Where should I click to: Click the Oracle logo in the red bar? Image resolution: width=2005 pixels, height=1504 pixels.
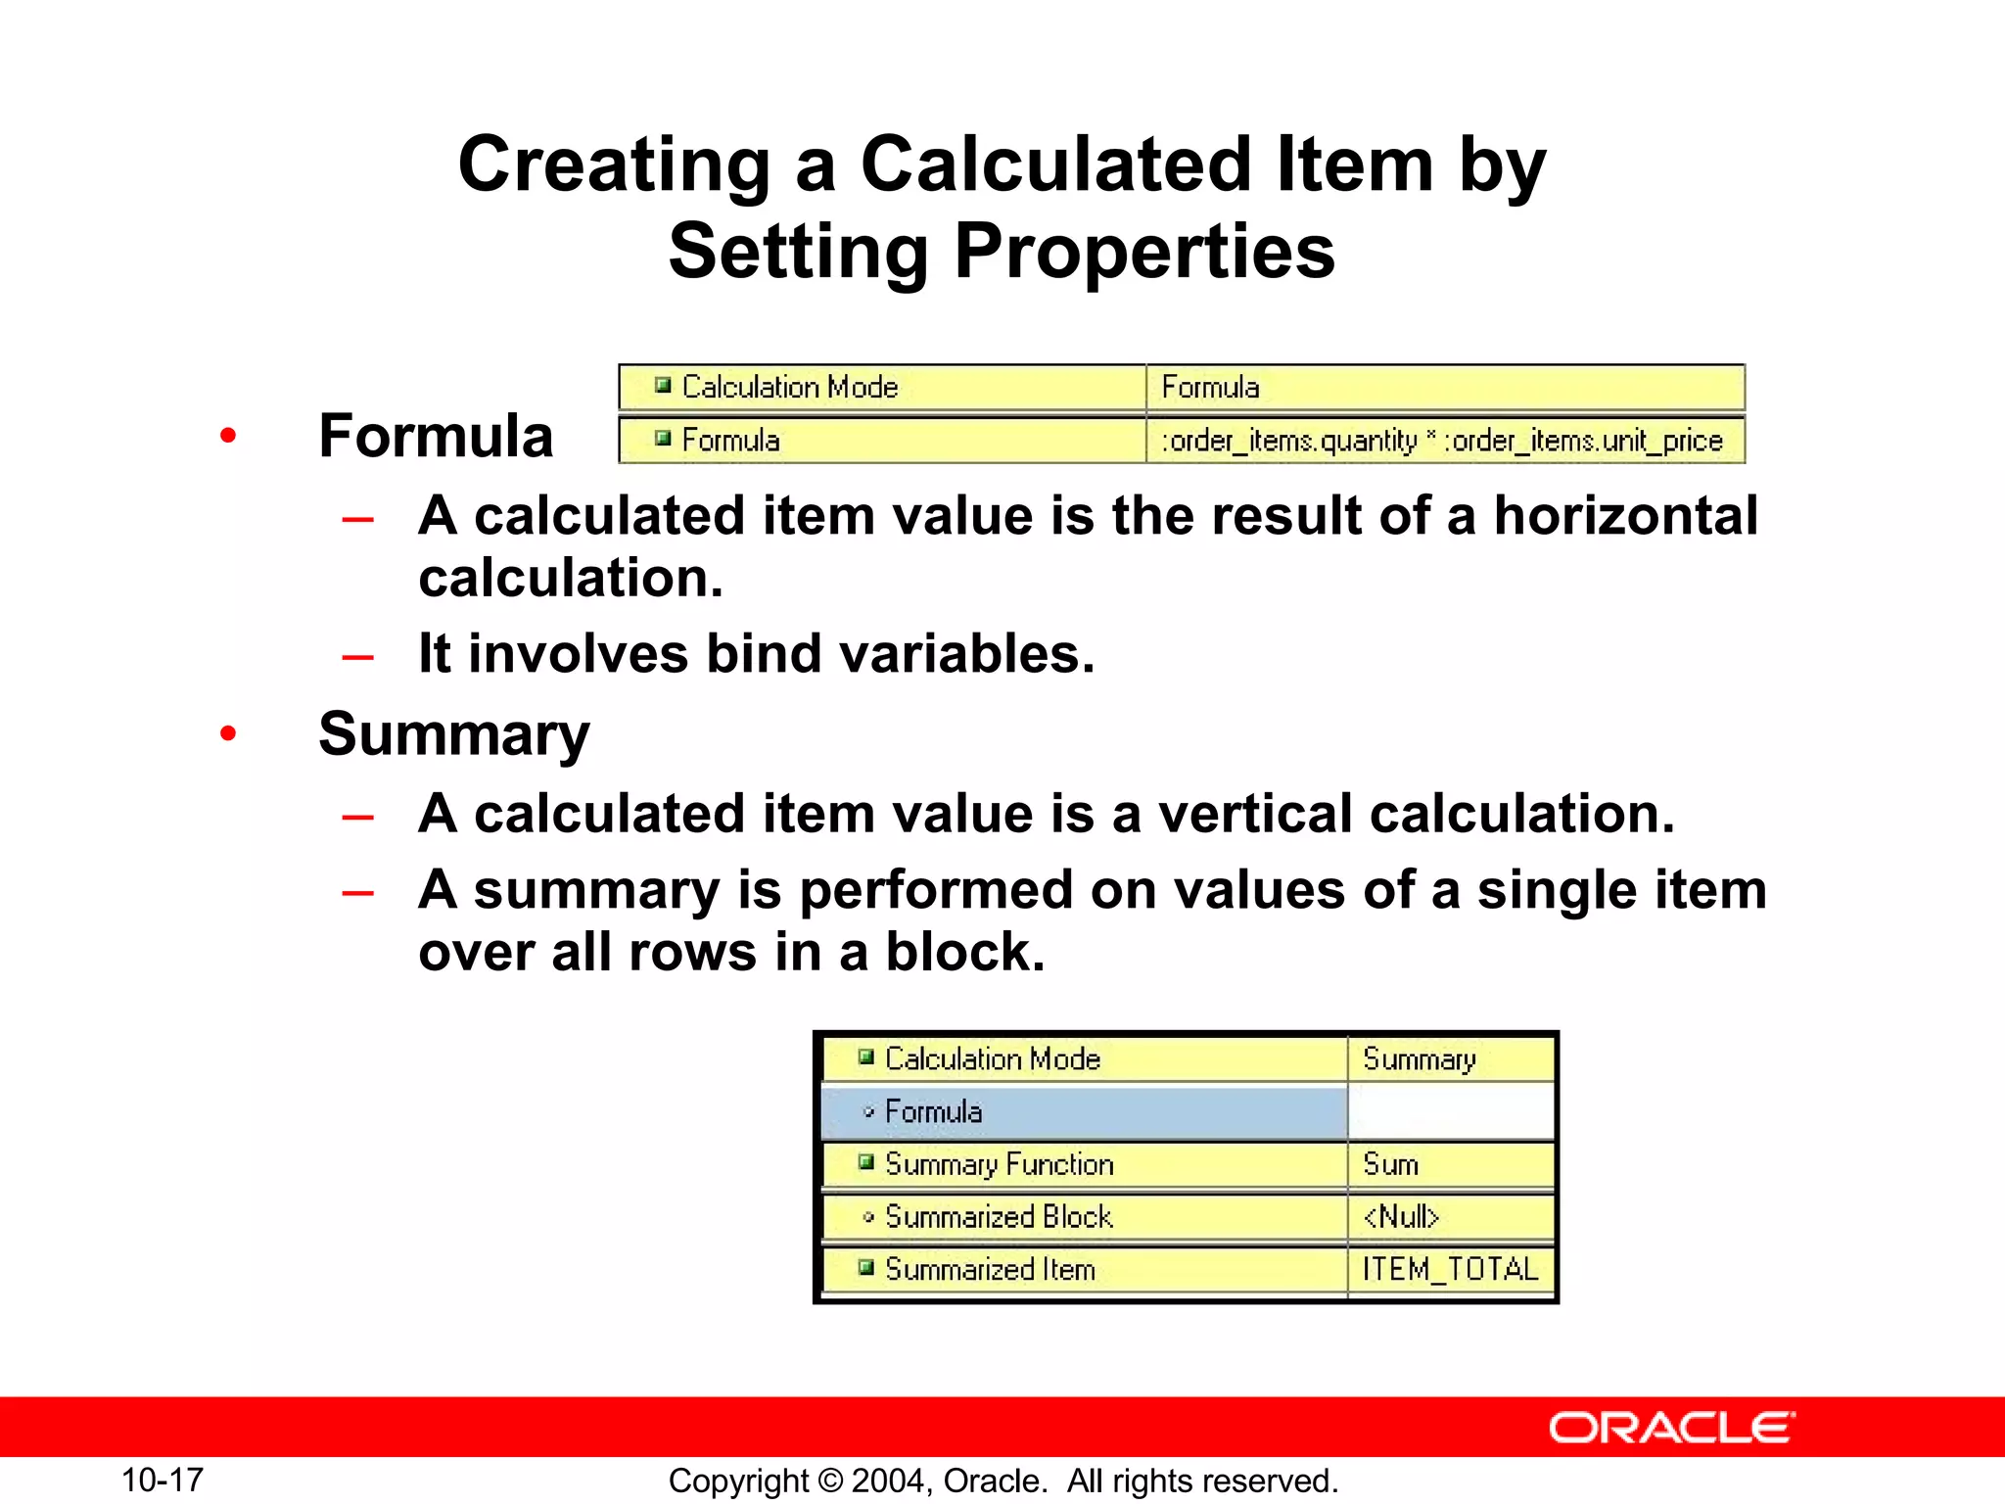click(1671, 1428)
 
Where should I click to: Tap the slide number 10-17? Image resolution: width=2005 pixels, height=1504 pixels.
click(163, 1480)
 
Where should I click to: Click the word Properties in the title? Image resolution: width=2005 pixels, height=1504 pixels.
click(1144, 252)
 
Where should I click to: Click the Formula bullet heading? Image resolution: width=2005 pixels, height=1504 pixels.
click(436, 436)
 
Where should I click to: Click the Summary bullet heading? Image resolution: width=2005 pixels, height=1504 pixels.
click(454, 733)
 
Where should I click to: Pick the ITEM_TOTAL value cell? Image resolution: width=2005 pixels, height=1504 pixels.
click(1450, 1269)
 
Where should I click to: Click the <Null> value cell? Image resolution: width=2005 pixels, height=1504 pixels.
click(1401, 1216)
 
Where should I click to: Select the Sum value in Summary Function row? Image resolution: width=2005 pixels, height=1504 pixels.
click(1390, 1164)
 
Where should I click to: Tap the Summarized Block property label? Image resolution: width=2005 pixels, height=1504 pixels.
click(999, 1216)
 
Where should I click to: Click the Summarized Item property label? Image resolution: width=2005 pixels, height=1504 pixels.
click(990, 1269)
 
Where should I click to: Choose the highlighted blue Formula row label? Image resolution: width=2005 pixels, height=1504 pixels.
click(933, 1111)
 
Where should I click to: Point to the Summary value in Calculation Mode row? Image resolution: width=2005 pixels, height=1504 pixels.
click(1419, 1059)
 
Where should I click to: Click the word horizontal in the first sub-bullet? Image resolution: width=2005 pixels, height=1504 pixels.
click(1625, 516)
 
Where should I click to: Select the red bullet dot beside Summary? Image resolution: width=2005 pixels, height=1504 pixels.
click(228, 733)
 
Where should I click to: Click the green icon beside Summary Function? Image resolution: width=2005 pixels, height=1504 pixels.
click(865, 1162)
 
